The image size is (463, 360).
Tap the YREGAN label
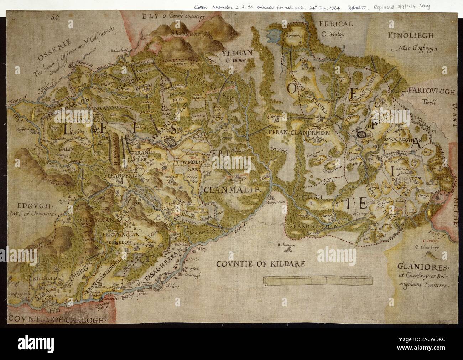click(x=237, y=53)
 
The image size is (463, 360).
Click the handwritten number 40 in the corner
click(x=55, y=17)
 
